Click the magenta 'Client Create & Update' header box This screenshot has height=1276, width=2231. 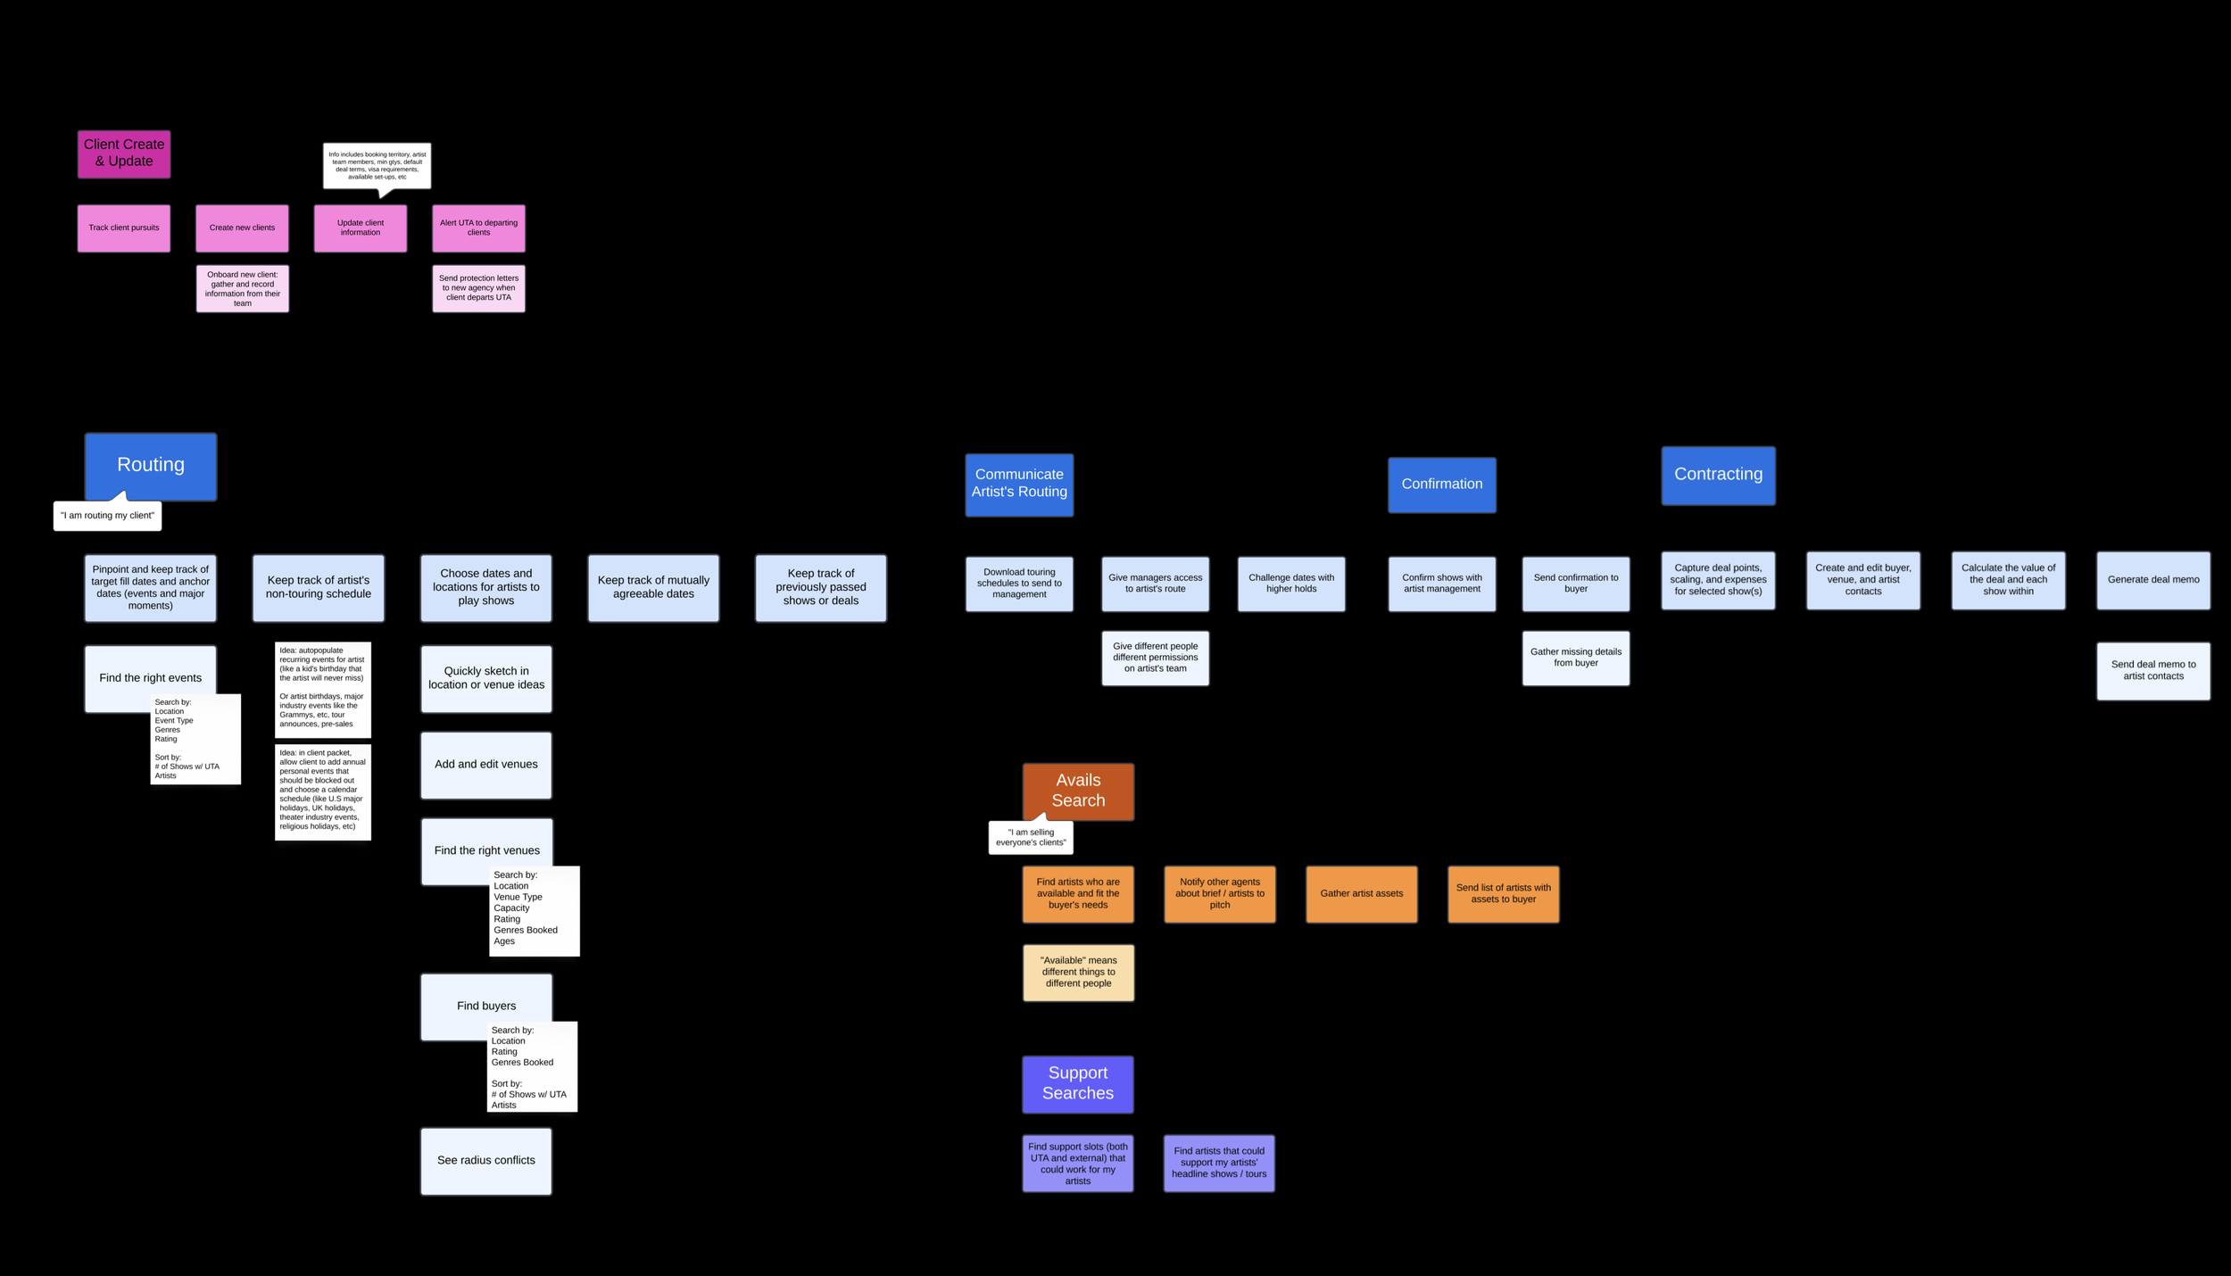[124, 153]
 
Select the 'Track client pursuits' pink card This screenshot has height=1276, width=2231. [124, 228]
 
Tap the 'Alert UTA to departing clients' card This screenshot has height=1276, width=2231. [478, 228]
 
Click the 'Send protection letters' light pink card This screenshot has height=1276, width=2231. [478, 288]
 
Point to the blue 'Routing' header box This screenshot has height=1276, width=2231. [150, 465]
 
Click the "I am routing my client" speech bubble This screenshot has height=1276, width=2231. [107, 516]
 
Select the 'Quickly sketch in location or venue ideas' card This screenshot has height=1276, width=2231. [486, 678]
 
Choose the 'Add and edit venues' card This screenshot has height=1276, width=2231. [486, 765]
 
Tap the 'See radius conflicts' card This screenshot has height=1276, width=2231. [486, 1161]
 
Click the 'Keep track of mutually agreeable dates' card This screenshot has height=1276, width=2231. [653, 587]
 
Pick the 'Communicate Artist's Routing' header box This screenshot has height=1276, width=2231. [1019, 484]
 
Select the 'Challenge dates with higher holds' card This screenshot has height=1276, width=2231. [1291, 584]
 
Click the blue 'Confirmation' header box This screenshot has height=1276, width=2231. [1442, 485]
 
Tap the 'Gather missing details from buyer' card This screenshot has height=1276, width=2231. [1576, 658]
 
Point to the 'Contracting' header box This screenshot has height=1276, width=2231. [1718, 475]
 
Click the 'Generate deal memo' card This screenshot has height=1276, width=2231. [2153, 580]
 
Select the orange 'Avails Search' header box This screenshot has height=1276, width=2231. [1078, 791]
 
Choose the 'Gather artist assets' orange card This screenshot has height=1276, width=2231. [1362, 893]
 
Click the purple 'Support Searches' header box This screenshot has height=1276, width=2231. [1078, 1083]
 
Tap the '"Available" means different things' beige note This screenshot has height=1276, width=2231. [1078, 972]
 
